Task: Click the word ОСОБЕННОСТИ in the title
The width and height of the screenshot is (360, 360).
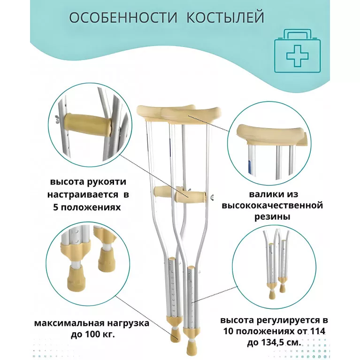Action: tap(123, 17)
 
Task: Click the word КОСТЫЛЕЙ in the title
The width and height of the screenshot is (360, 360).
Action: tap(225, 17)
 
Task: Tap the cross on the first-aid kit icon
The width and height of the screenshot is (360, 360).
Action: tap(297, 56)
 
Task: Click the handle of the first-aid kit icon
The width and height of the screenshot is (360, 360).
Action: tap(297, 34)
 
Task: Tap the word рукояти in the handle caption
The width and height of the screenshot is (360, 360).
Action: tap(107, 182)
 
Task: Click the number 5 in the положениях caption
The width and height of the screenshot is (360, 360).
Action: tap(56, 207)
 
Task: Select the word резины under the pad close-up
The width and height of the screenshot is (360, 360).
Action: tap(272, 216)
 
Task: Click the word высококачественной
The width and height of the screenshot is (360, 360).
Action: tap(272, 205)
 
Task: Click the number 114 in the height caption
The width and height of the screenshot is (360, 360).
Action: tap(318, 331)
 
